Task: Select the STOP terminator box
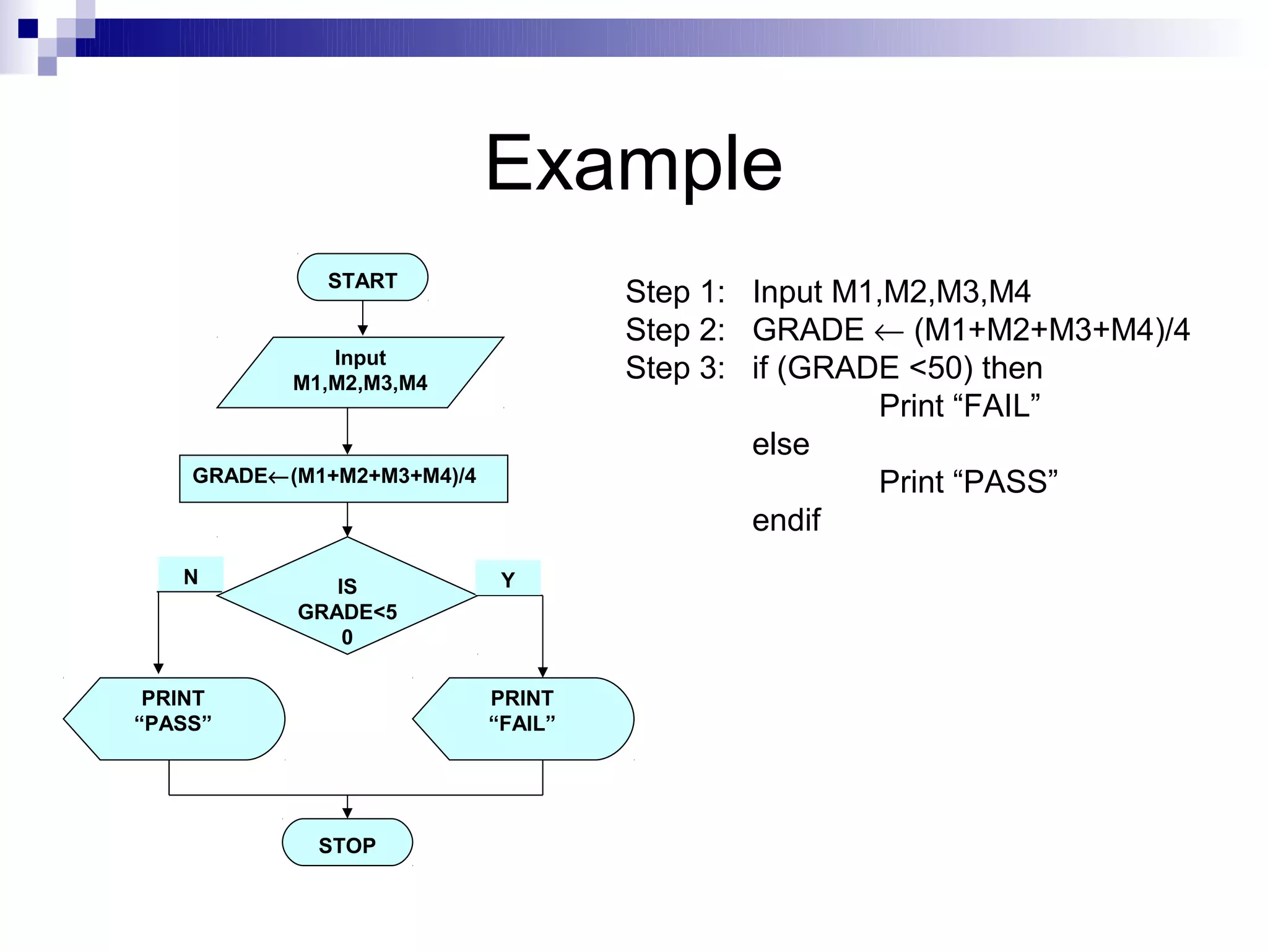347,843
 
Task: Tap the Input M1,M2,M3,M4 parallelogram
360,371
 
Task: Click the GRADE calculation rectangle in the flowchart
344,479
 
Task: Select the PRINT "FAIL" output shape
523,718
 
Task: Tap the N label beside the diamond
191,575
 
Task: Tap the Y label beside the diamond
508,579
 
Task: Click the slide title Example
633,164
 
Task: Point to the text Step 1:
675,292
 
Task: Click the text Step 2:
675,330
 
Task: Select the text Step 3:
675,368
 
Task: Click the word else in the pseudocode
781,445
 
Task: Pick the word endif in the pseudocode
786,520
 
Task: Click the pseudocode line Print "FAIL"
959,406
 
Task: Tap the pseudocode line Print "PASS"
968,482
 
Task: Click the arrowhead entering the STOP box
347,814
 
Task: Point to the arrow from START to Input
363,319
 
